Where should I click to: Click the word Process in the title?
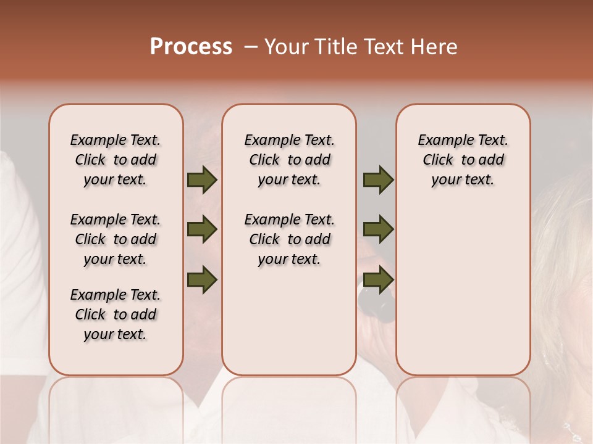[191, 47]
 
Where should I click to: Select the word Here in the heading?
[435, 47]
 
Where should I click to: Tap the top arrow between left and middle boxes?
[202, 180]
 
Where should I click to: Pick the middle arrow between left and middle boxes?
[202, 229]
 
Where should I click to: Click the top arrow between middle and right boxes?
[378, 180]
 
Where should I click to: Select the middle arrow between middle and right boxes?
[378, 229]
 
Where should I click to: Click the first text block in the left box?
[116, 160]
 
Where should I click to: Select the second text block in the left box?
[116, 239]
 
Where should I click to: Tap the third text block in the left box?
[116, 314]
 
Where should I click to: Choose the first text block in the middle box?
[289, 160]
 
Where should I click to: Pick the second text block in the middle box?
[289, 239]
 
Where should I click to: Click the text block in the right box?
[463, 160]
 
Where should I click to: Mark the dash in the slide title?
[251, 47]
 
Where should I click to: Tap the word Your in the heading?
[284, 47]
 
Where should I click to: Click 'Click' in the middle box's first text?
[264, 160]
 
